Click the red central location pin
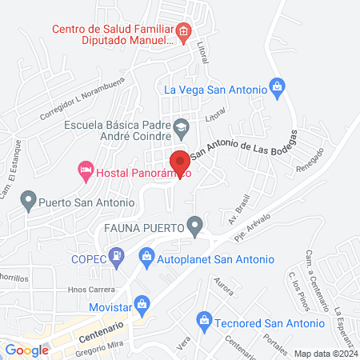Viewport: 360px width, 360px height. pos(181,162)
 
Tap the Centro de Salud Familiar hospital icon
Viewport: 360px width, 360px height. pos(183,32)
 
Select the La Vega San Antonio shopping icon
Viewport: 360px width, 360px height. pos(277,85)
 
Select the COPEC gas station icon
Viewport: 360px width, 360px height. pos(117,257)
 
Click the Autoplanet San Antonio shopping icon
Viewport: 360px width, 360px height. pos(146,257)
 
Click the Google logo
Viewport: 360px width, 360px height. pos(26,350)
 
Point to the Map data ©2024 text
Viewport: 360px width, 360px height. pos(325,353)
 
